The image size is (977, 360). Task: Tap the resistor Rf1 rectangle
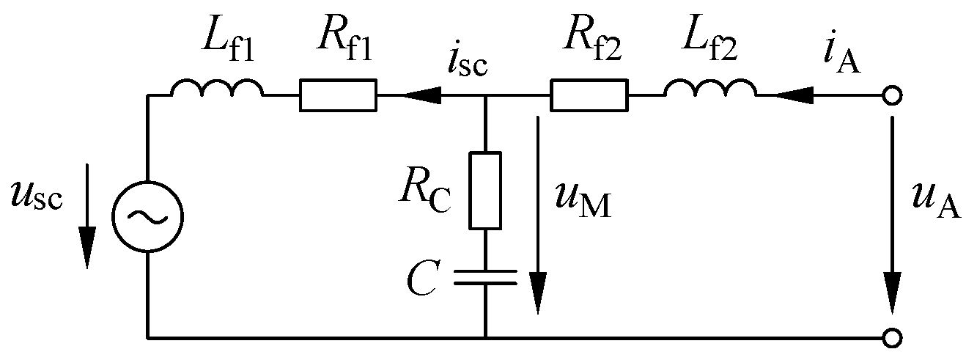338,95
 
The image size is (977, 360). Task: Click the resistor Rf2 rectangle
589,95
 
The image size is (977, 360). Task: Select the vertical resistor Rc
484,190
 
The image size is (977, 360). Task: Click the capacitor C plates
484,276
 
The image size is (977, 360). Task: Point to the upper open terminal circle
892,95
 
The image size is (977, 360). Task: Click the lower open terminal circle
892,338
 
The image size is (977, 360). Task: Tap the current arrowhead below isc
424,95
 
